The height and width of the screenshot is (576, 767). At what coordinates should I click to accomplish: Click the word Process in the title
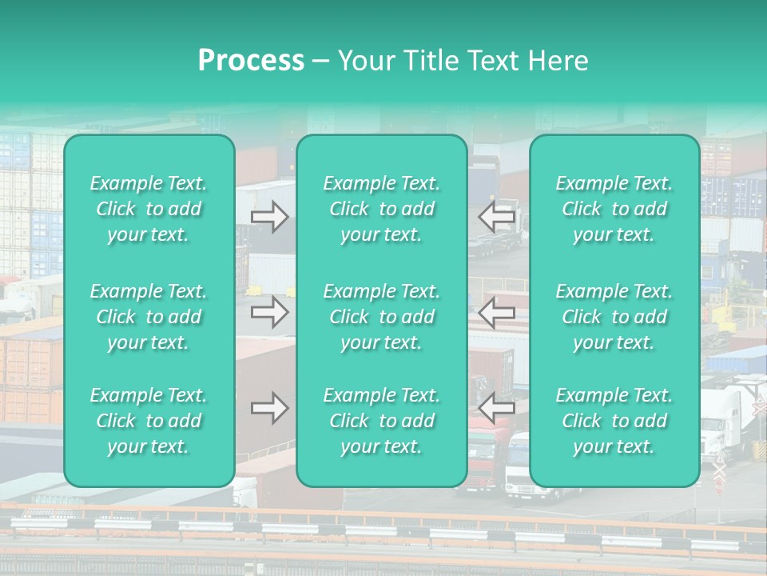250,61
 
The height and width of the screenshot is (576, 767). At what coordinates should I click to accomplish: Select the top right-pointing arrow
270,217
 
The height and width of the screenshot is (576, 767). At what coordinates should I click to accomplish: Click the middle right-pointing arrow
270,312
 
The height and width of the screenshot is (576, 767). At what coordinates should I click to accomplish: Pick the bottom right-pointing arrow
270,408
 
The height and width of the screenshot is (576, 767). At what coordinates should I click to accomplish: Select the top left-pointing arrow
496,217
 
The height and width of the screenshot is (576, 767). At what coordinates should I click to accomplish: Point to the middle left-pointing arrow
496,312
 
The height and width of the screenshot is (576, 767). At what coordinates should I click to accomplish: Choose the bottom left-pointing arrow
496,408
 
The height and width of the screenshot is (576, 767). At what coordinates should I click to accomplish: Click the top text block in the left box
149,209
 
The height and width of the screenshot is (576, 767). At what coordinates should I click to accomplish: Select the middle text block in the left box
149,317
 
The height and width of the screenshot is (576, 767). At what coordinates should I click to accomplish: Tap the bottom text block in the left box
149,421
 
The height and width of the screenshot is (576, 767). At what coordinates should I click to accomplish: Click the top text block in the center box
381,209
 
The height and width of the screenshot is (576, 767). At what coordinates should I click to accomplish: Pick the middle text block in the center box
381,317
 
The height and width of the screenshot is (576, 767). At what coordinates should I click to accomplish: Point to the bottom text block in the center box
381,421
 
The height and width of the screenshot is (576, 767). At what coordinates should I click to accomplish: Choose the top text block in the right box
614,209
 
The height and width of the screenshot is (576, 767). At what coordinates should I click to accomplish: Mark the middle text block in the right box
614,317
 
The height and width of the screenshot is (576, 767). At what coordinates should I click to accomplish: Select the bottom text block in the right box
614,421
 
